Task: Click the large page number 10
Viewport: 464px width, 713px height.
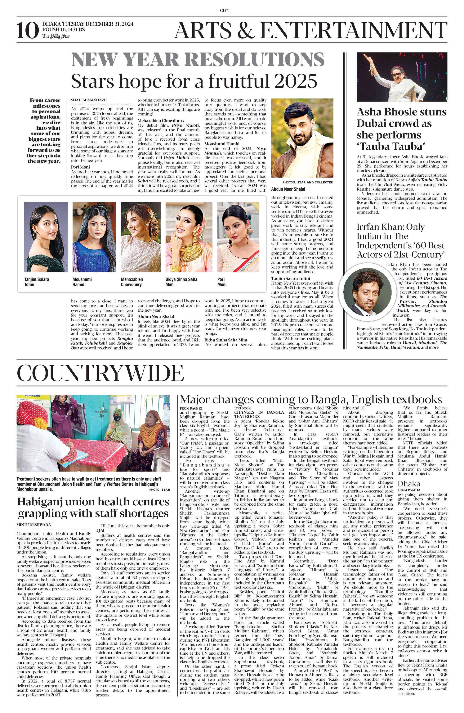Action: (28, 31)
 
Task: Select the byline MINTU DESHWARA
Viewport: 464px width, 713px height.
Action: (33, 525)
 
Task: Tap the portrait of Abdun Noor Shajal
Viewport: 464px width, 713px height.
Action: (302, 138)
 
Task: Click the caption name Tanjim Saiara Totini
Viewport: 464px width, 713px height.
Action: (37, 282)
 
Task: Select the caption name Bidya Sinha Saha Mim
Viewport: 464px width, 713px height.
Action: (181, 282)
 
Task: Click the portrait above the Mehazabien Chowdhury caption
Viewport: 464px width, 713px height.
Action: (140, 237)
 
